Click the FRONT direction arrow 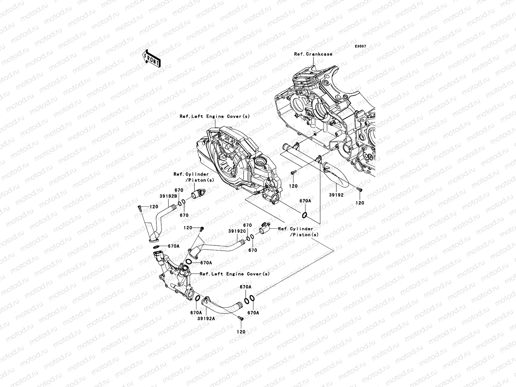coord(151,59)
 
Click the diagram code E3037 coord(360,46)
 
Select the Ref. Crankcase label coord(313,54)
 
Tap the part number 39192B coord(168,196)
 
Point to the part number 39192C coord(237,231)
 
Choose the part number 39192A coord(206,319)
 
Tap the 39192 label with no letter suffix coord(336,195)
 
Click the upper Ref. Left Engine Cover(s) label coord(215,116)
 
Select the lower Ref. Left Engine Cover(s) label coord(234,274)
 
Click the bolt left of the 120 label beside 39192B coord(139,208)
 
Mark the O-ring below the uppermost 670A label coord(304,215)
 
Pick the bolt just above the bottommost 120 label coord(241,318)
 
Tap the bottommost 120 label coord(241,332)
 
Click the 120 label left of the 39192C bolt coord(188,228)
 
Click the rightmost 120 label coord(360,203)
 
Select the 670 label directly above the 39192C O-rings coord(248,225)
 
